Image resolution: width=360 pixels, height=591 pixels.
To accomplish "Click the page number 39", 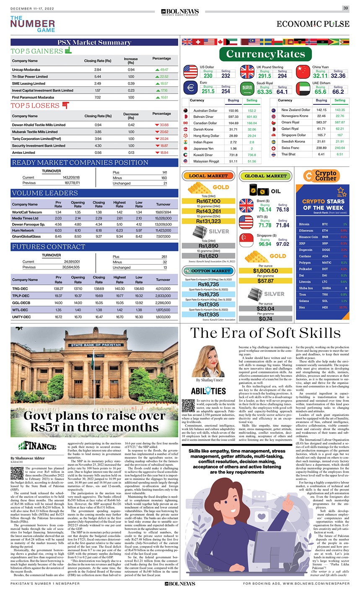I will point(345,8).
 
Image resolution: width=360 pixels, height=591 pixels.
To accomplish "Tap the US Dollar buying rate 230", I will point(208,76).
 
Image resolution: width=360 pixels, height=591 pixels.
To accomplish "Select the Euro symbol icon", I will point(191,88).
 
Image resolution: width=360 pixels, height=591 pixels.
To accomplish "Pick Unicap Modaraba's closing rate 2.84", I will point(98,69).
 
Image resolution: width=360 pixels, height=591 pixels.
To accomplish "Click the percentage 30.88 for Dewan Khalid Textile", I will point(161,125).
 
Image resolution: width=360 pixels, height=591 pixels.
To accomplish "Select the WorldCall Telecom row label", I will point(27,212).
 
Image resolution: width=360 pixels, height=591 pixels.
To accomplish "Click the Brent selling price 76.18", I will point(282,210).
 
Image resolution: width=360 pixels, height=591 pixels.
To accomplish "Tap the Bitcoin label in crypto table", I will point(304,224).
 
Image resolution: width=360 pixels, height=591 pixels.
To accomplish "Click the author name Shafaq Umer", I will point(210,380).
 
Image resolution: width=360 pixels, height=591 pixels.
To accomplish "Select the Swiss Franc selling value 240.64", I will point(340,148).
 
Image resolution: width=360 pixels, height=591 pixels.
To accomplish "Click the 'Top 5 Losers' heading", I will point(36,106).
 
